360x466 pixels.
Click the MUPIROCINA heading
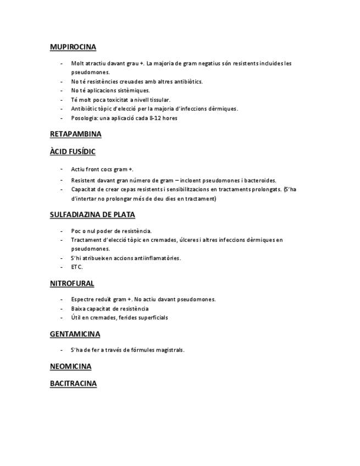73,47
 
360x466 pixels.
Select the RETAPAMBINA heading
75,134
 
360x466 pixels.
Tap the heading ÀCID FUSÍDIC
73,152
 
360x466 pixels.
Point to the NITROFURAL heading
72,284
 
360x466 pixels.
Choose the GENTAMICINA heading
75,334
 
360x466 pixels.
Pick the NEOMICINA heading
70,367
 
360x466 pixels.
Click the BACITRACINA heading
73,384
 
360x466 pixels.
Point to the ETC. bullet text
77,267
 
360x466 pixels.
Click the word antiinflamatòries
154,258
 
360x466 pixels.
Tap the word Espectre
82,299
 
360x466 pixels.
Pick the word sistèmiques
134,91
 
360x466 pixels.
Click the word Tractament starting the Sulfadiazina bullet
86,240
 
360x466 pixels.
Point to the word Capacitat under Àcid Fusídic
84,189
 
